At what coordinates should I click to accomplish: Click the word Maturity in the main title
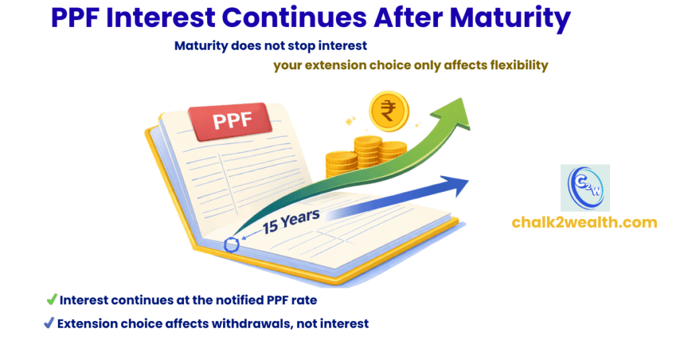click(x=510, y=18)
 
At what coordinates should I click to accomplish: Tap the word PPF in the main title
click(x=75, y=17)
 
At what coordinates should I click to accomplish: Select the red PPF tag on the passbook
click(x=230, y=121)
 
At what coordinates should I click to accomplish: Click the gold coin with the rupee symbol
click(x=389, y=111)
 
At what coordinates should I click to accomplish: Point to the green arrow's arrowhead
click(x=452, y=114)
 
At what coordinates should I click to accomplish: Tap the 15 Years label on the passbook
click(x=291, y=222)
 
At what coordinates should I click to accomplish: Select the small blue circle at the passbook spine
click(x=231, y=245)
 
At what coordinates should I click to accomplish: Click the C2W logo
click(x=585, y=188)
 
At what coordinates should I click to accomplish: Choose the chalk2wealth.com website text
click(x=585, y=222)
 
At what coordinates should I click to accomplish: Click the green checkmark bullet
click(x=52, y=300)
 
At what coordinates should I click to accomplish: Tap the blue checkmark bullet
click(x=49, y=323)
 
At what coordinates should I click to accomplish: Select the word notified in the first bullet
click(x=240, y=300)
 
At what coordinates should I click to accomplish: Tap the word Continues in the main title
click(x=294, y=17)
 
